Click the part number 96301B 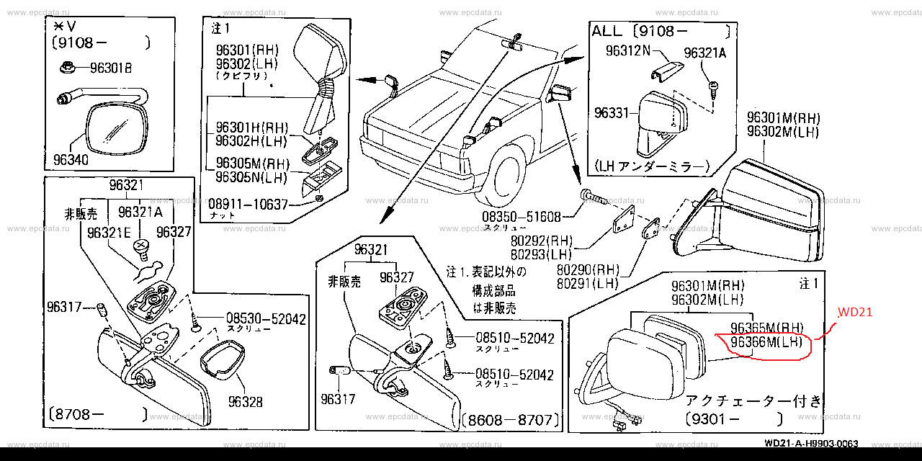[x=110, y=69]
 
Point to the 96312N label [x=627, y=51]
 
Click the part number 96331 [x=612, y=113]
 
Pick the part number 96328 [x=245, y=402]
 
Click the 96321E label [x=108, y=233]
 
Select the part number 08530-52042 [x=256, y=318]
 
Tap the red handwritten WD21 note [x=854, y=313]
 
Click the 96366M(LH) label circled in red [x=766, y=342]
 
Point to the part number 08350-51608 [x=522, y=216]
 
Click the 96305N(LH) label [x=251, y=176]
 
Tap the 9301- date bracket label [x=733, y=418]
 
